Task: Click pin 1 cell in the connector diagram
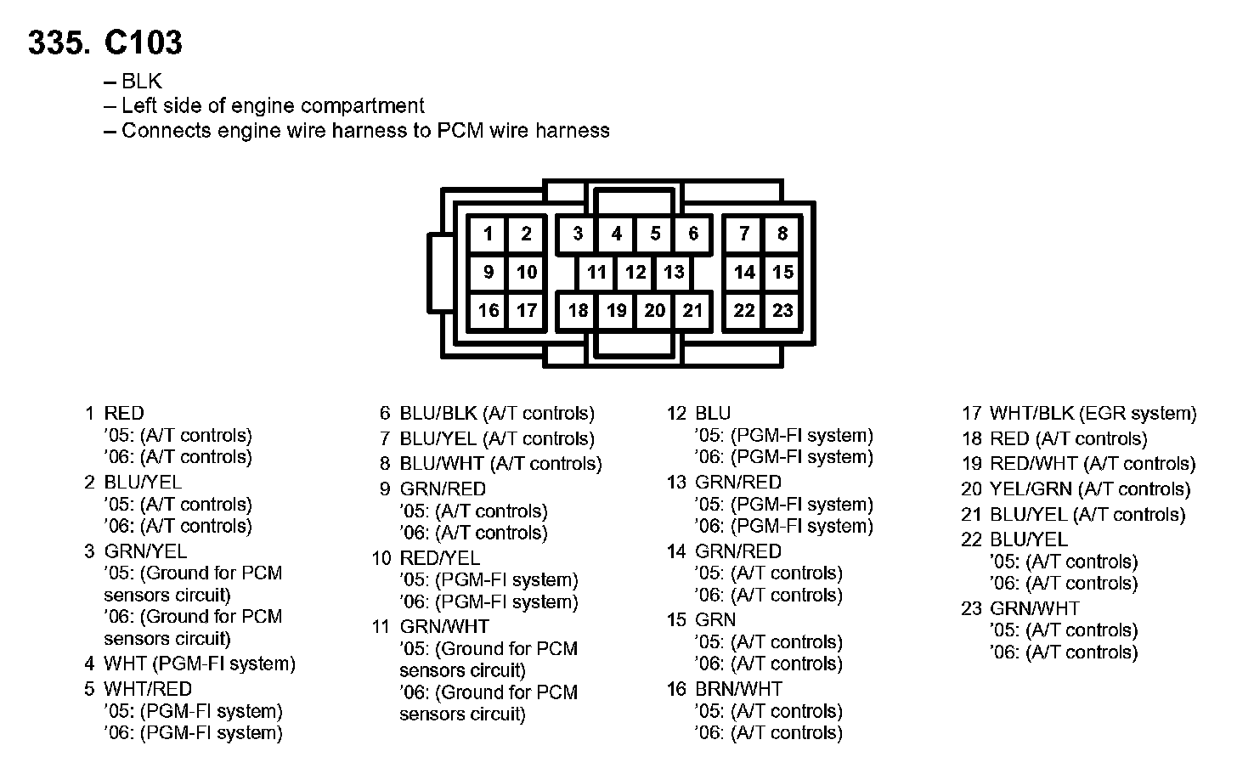point(488,234)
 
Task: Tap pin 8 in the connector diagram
point(782,234)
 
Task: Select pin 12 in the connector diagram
point(635,272)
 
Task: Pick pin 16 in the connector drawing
point(488,310)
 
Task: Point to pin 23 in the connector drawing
point(782,310)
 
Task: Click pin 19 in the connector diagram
point(616,310)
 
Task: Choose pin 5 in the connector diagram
point(655,234)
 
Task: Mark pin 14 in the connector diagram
point(744,272)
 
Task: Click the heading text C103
point(143,42)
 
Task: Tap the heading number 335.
point(59,42)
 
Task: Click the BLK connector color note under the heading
point(141,82)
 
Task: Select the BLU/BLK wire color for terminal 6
point(438,414)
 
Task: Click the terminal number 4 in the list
point(89,664)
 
